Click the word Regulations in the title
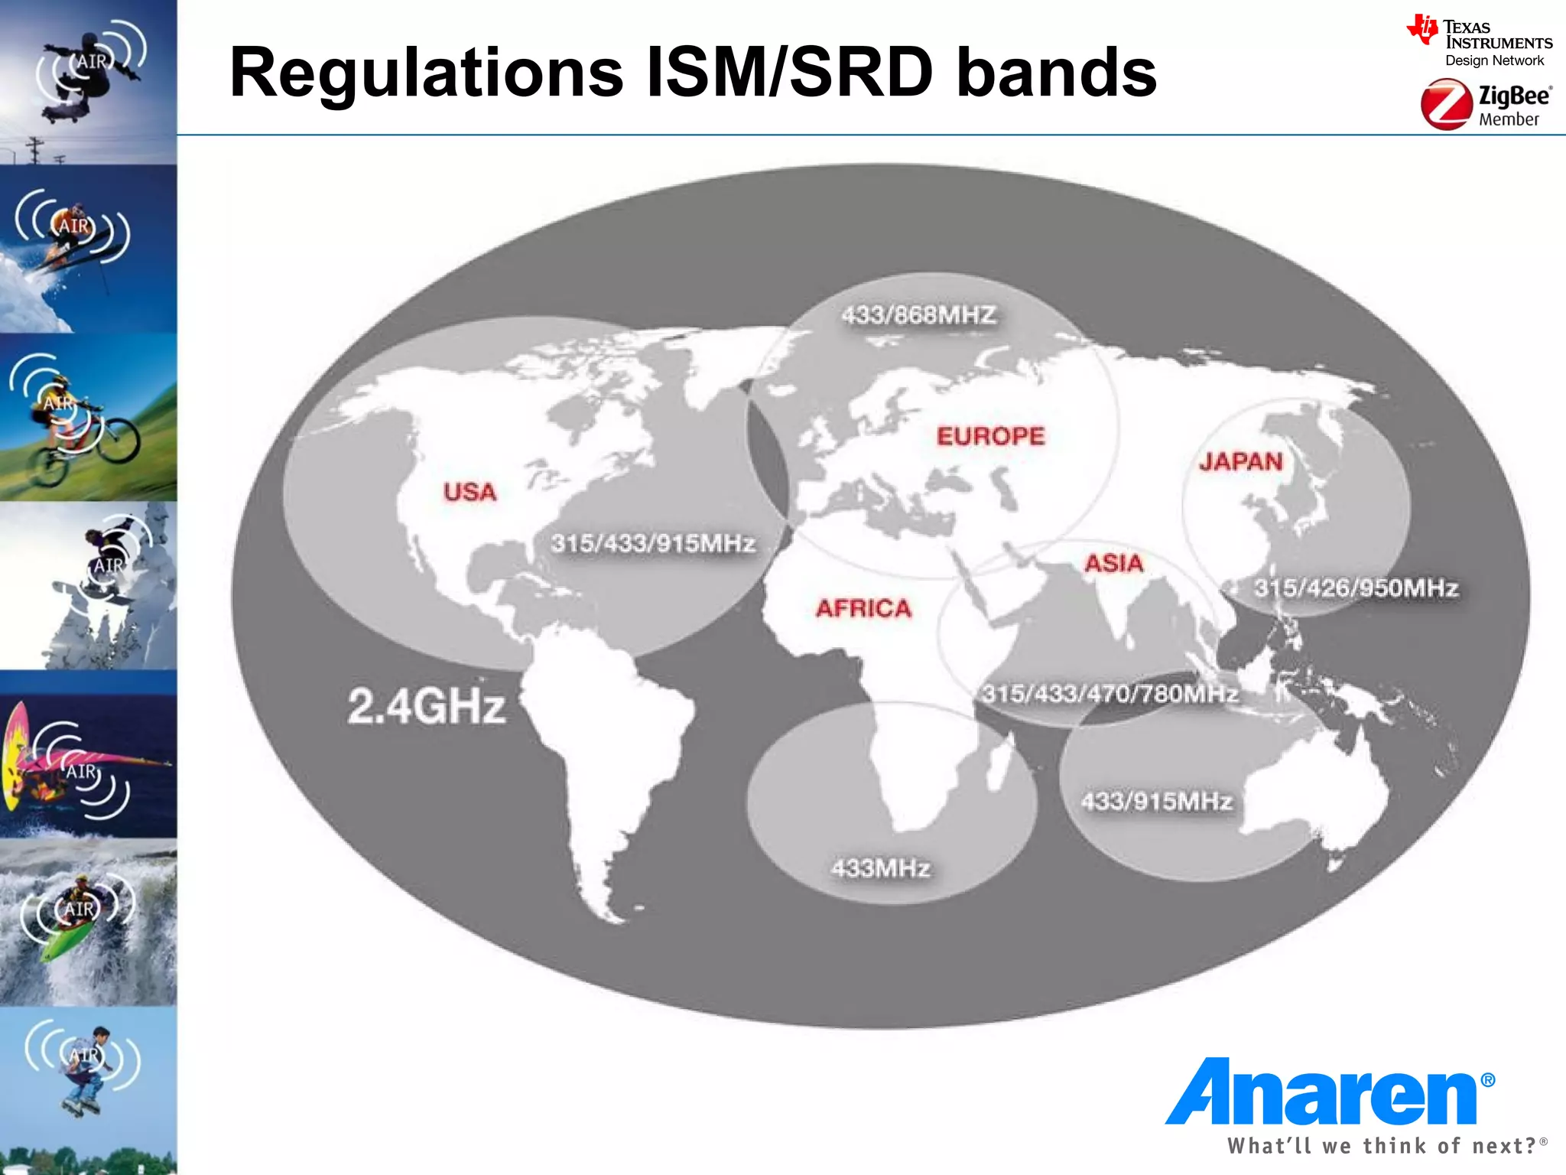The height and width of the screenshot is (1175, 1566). coord(426,73)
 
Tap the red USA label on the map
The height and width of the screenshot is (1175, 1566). coord(469,492)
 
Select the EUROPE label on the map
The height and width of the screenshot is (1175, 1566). coord(990,436)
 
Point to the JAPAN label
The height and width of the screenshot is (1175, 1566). coord(1240,461)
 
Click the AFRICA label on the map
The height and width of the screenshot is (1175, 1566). coord(863,608)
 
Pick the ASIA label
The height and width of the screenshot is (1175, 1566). coord(1113,564)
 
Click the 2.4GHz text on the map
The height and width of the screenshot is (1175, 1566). coord(426,705)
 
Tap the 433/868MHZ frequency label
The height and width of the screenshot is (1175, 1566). coord(918,314)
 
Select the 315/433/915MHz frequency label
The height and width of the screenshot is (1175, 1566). coord(653,543)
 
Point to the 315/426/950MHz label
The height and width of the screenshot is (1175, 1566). coord(1356,587)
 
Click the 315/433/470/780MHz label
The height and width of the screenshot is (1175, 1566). coord(1110,694)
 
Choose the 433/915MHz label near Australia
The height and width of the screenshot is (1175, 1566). coord(1156,801)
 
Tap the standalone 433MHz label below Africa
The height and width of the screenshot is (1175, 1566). coord(880,868)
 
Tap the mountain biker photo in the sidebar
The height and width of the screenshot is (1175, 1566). coord(88,418)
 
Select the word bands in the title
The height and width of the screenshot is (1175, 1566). coord(1057,73)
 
